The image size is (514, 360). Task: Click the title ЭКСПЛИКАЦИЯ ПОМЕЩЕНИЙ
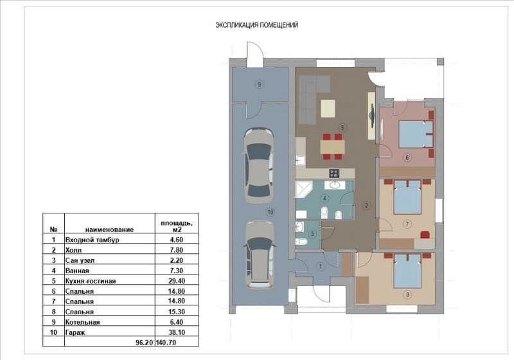tap(256, 25)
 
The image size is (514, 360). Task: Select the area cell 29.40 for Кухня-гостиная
tap(177, 281)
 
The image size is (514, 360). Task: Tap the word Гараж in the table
tap(75, 332)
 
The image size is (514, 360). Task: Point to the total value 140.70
tap(166, 343)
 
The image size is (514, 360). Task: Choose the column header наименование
tap(109, 230)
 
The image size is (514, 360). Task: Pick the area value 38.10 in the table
tap(177, 332)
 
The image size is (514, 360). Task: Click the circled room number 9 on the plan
tap(260, 85)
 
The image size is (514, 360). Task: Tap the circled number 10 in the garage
tap(270, 212)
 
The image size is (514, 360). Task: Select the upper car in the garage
tap(259, 166)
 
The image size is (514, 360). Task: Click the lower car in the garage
tap(260, 255)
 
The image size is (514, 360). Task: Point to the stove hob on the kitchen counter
tap(334, 173)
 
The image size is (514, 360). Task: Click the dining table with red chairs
tap(332, 147)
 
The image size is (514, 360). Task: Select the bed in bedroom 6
tap(416, 134)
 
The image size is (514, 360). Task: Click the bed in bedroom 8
tap(407, 271)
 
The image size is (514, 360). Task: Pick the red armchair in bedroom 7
tap(425, 235)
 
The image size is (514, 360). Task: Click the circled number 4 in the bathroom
tap(324, 198)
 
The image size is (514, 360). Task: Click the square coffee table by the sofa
tap(328, 108)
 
